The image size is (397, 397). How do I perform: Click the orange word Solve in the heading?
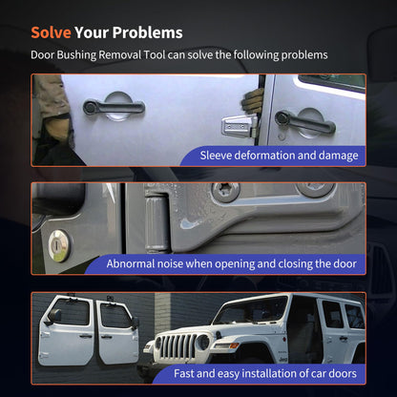51,32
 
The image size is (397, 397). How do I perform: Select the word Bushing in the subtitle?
76,55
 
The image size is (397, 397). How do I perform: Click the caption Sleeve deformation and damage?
279,156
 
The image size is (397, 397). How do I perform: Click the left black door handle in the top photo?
114,107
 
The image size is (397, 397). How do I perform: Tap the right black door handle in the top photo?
304,122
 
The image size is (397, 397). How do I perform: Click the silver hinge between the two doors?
240,126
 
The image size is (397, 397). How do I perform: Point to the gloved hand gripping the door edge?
253,100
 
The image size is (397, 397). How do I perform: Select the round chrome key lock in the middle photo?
59,246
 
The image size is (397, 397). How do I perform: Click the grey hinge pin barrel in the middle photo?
157,224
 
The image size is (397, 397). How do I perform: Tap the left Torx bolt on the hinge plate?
225,191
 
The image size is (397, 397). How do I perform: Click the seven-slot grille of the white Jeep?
178,346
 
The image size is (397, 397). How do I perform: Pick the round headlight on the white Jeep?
202,342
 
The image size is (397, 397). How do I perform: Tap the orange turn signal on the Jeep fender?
234,345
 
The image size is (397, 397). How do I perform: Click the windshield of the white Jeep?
250,309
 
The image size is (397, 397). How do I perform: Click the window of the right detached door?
115,315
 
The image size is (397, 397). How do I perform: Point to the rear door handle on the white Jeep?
344,338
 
